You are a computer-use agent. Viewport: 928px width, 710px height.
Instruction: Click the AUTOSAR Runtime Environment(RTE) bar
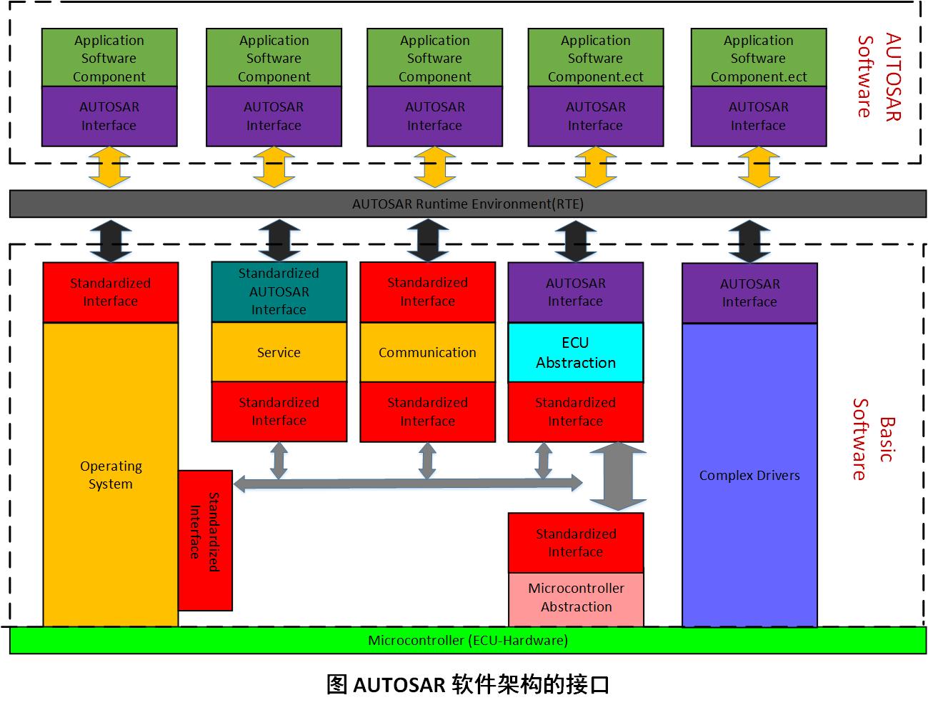pos(467,204)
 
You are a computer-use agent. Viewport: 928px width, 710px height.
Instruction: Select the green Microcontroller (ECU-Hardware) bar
pos(467,640)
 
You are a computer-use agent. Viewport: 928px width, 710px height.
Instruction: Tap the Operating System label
pos(111,475)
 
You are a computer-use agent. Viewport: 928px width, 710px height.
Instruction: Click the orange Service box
pos(279,352)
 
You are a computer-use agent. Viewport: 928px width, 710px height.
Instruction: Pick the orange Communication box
pos(427,352)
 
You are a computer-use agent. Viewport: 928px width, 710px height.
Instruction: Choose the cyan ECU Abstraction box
pos(576,352)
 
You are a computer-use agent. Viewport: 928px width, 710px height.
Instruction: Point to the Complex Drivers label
pos(749,476)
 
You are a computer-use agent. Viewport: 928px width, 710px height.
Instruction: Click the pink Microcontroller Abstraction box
pos(576,598)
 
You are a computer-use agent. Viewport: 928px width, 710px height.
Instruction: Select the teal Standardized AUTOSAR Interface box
pos(279,291)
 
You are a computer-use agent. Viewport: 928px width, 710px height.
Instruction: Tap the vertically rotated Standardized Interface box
pos(205,540)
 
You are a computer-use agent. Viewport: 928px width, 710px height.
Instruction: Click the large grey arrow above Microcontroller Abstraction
pos(617,476)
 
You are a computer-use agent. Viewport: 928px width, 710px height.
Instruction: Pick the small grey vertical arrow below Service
pos(279,460)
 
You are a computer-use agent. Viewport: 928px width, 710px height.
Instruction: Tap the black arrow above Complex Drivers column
pos(749,241)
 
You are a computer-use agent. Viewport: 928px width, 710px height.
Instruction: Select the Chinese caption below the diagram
pos(467,684)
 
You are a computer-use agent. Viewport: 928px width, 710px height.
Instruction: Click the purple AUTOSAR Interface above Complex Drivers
pos(749,293)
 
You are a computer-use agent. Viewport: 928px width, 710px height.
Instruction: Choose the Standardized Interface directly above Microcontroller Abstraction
pos(576,543)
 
